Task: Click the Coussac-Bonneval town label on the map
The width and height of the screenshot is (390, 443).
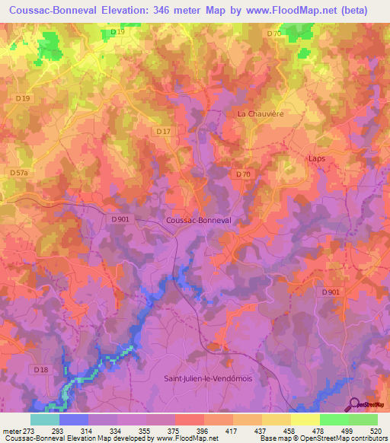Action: (197, 220)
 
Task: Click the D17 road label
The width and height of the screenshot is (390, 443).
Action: (162, 132)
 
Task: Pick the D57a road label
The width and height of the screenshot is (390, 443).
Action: (19, 174)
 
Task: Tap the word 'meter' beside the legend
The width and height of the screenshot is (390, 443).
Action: (11, 430)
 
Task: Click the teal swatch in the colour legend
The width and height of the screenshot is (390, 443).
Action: (45, 419)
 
